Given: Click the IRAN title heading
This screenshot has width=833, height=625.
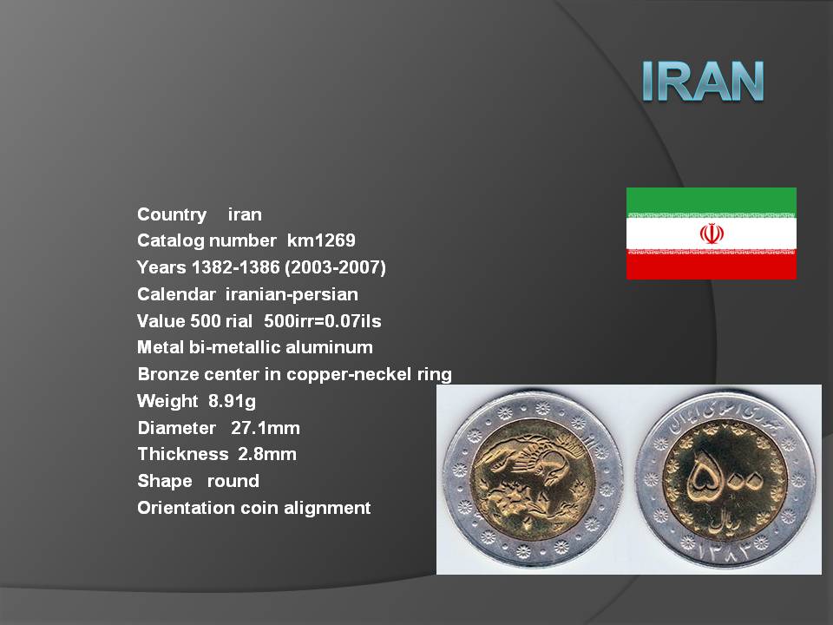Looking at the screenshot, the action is (702, 81).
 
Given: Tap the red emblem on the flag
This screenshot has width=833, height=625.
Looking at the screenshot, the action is (712, 234).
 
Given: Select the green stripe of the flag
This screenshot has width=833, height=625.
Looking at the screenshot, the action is (712, 201).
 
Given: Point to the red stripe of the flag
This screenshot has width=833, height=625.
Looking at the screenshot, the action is (712, 266).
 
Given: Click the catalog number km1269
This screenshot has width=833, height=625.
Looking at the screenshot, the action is (321, 240).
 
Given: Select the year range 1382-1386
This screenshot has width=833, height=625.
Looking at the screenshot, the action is (235, 266).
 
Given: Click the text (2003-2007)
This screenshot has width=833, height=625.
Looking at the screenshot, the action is (335, 266).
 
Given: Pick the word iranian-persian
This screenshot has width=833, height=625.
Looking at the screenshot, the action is (292, 294).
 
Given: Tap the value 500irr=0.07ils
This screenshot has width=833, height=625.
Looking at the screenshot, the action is (323, 321).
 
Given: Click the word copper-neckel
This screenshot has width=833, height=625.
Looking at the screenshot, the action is (349, 374).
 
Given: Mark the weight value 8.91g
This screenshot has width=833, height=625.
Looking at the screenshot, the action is (232, 401).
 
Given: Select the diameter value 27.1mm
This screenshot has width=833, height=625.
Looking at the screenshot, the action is (266, 428).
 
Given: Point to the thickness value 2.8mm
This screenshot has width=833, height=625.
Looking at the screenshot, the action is (267, 454).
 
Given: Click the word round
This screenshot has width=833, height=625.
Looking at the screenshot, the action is (233, 481).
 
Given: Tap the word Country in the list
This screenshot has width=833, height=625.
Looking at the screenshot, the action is (172, 214).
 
